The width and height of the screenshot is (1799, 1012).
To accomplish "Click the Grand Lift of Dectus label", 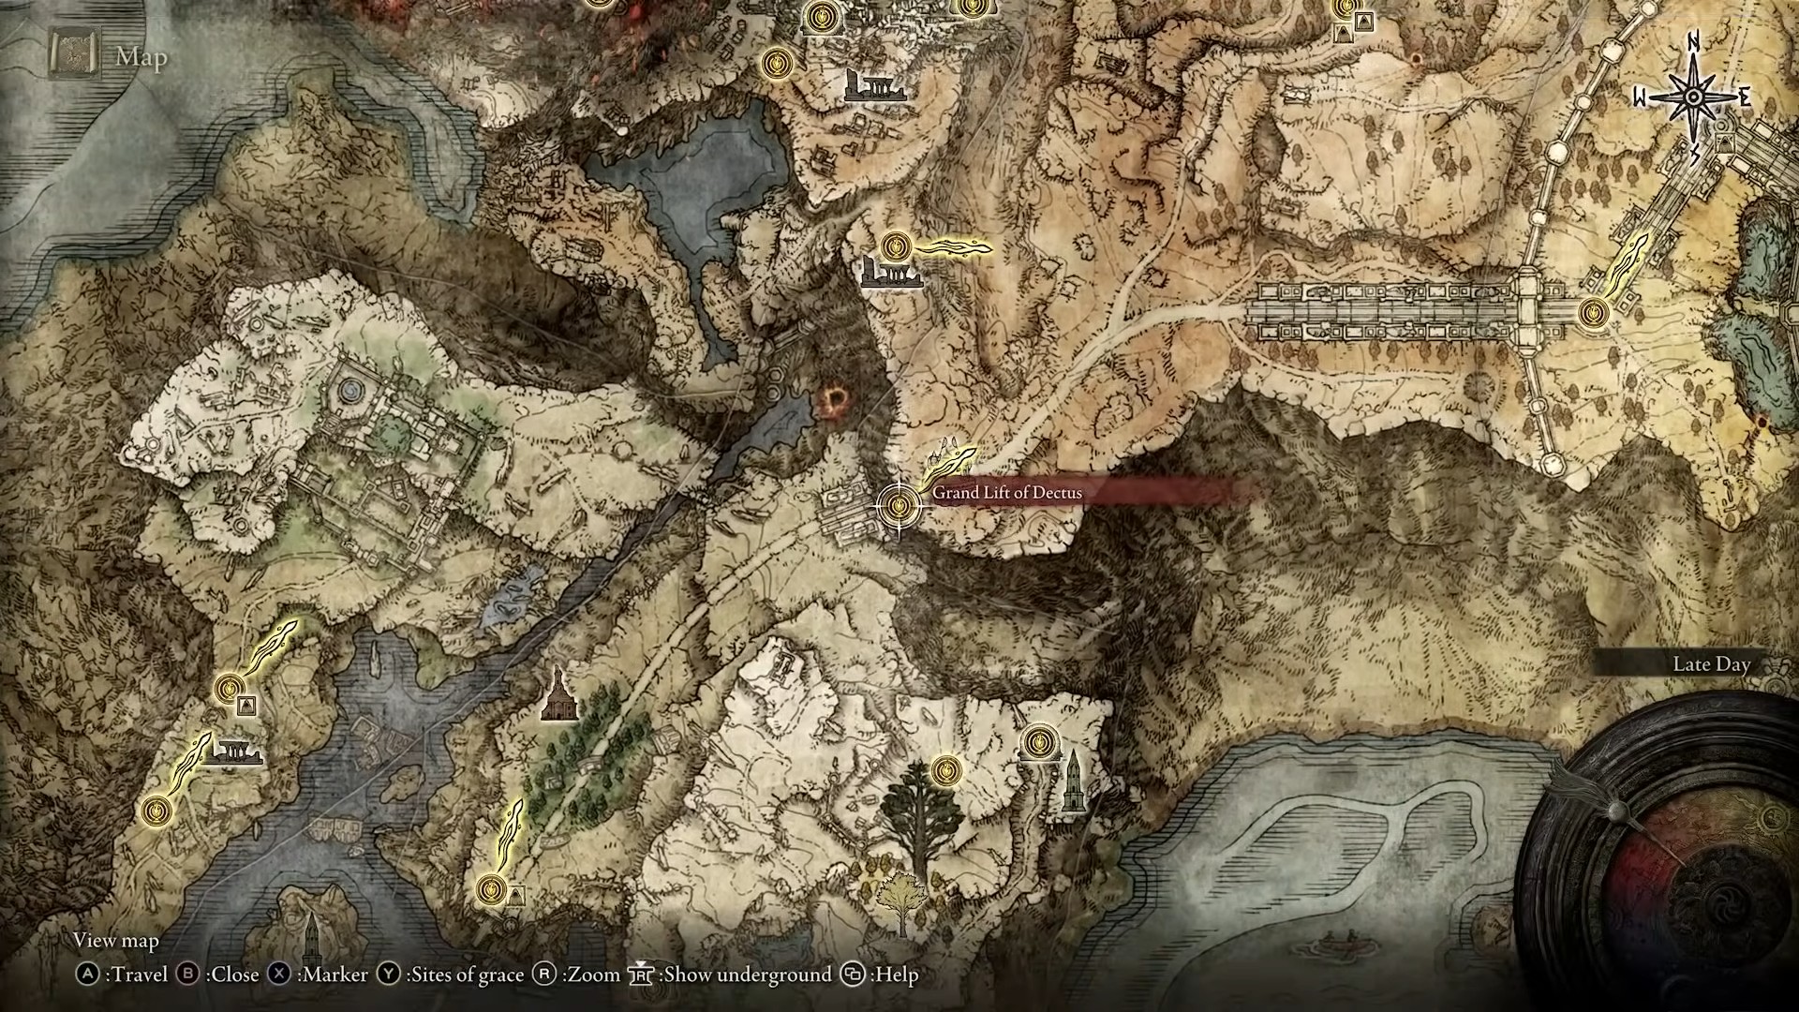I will click(x=1006, y=493).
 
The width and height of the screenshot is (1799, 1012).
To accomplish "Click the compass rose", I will click(x=1694, y=97).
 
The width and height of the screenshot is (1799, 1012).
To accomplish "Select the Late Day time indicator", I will click(x=1711, y=664).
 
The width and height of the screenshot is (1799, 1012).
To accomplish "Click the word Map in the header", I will click(x=141, y=57).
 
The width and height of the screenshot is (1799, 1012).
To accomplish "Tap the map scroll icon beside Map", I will click(x=72, y=57).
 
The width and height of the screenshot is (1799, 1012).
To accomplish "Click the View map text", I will click(x=116, y=941).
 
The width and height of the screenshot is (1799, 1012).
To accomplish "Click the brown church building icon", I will click(x=559, y=695).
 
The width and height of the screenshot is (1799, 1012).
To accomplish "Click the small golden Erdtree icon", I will click(x=901, y=900).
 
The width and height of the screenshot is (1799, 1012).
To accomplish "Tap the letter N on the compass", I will click(x=1694, y=42).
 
